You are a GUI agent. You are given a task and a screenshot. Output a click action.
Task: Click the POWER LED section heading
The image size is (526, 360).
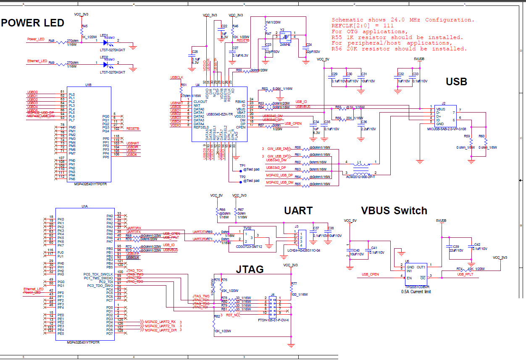[x=33, y=23]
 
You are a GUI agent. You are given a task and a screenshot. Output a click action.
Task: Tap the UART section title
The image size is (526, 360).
[x=298, y=210]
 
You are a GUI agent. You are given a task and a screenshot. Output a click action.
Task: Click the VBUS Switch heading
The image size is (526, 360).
[x=394, y=211]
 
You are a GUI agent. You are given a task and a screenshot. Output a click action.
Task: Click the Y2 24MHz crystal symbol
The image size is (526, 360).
[x=285, y=37]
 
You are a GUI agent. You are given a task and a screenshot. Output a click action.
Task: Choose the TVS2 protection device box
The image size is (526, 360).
[x=248, y=240]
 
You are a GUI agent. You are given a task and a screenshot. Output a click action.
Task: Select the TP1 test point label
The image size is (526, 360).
[x=242, y=166]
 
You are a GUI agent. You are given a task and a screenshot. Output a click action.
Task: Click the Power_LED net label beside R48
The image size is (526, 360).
[x=36, y=39]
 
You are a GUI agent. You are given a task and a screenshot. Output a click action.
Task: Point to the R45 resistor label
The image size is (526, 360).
[x=85, y=26]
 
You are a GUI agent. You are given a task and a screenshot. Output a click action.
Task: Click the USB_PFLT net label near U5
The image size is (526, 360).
[x=465, y=274]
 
